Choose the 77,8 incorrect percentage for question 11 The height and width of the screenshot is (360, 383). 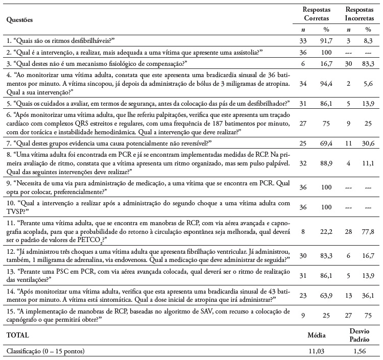(373, 231)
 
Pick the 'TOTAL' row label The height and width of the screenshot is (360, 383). (18, 336)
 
